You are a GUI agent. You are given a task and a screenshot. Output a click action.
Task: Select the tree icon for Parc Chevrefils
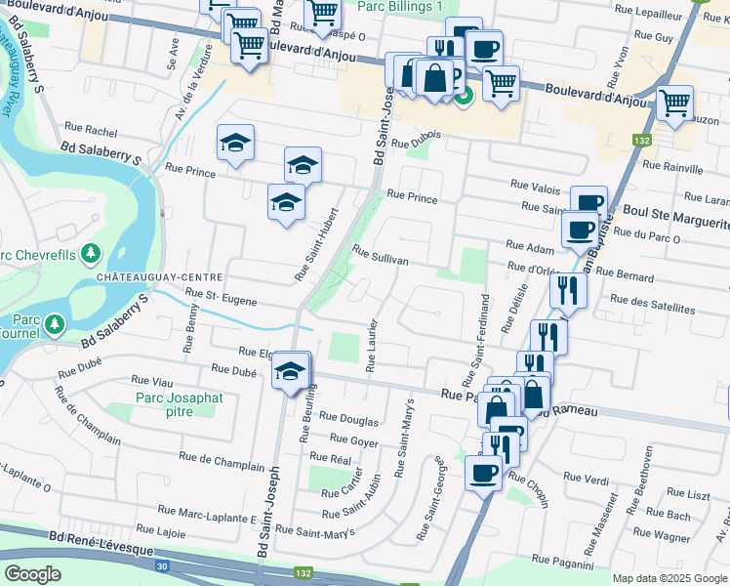[91, 254]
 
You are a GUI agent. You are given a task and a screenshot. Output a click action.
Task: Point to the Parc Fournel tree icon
[55, 322]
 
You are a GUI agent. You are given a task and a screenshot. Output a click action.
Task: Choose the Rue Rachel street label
[91, 128]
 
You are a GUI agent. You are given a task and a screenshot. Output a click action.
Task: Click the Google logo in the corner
[32, 574]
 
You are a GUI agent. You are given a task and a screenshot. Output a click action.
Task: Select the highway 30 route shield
[163, 565]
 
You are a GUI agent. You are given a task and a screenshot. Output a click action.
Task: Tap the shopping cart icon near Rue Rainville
[675, 102]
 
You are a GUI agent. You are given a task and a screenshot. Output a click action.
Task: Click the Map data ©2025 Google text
[669, 578]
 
